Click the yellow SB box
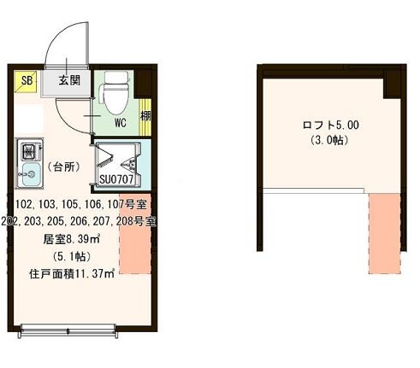point(26,82)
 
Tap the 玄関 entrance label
point(69,81)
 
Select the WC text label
point(121,122)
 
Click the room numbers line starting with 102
point(83,203)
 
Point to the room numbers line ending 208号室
point(83,221)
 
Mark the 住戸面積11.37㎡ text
point(72,275)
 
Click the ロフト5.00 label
point(331,125)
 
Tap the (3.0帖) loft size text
point(330,141)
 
